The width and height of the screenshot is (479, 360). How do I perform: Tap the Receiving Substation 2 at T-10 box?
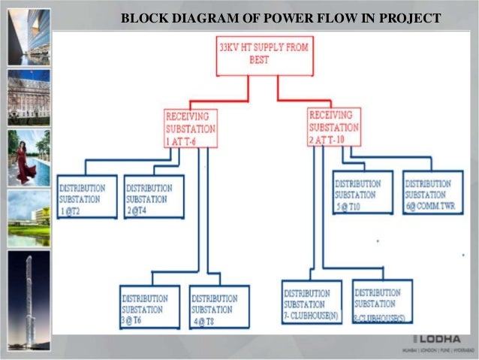pos(335,126)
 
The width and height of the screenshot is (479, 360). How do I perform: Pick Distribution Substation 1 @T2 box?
pos(87,197)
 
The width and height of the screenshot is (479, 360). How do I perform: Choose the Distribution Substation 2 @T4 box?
pos(154,197)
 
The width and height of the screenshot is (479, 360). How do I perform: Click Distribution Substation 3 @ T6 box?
pos(150,307)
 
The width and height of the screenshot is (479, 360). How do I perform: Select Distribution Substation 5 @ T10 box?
pos(363,192)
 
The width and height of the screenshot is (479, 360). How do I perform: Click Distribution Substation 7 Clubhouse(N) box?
pos(311,302)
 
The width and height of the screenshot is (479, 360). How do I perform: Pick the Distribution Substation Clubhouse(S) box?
pos(382,301)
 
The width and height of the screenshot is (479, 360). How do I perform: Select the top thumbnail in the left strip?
pos(29,37)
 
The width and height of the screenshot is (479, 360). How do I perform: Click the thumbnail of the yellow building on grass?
pos(29,218)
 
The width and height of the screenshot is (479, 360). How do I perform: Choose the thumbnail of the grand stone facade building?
pos(29,98)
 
